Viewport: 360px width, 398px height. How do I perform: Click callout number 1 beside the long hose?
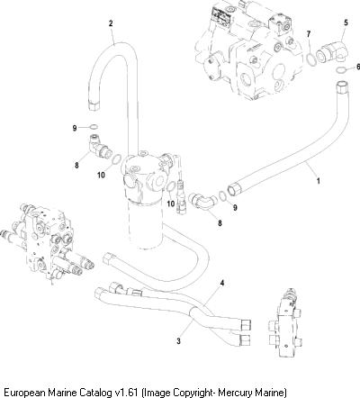[x=319, y=181]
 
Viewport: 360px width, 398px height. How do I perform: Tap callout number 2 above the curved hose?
[x=111, y=23]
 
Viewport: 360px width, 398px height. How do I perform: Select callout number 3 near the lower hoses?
[x=179, y=341]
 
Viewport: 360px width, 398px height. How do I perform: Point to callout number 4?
[x=222, y=283]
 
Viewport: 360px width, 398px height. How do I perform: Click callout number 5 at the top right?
[x=346, y=23]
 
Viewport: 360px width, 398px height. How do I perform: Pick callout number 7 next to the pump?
[x=309, y=34]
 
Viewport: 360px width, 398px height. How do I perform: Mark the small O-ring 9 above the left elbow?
[x=94, y=127]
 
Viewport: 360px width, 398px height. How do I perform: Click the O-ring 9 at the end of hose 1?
[x=223, y=196]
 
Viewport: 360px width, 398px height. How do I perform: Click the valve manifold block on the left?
[x=48, y=244]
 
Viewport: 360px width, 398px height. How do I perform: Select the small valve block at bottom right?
[x=286, y=323]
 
